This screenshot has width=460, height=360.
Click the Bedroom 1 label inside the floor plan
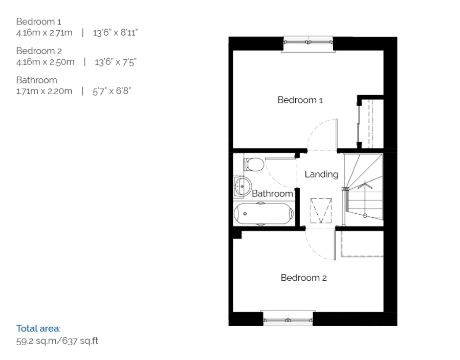[300, 100]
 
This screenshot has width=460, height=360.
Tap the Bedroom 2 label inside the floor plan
[303, 278]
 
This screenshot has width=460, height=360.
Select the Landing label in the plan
[321, 174]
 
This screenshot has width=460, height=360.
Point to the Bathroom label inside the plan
[272, 194]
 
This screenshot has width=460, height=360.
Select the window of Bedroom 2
[287, 318]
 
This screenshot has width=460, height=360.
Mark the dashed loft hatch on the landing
[321, 210]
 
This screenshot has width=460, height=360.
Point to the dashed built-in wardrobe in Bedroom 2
[362, 244]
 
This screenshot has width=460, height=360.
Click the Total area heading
[38, 328]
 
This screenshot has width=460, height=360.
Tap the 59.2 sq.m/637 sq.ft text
[57, 341]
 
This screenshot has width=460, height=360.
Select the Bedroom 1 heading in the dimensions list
[38, 21]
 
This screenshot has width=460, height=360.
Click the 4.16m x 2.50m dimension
[45, 62]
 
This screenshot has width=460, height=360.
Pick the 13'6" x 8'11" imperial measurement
[116, 33]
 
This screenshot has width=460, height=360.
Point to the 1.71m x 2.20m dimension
[44, 92]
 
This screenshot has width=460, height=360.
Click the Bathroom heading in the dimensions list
[36, 80]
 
